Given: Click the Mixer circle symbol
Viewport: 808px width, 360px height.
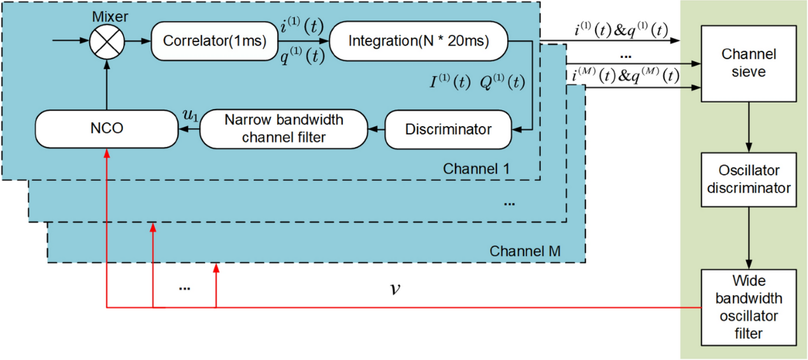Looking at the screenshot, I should click(106, 41).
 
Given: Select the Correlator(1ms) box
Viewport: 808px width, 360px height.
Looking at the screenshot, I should click(214, 41).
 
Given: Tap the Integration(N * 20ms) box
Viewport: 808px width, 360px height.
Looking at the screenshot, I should click(419, 41).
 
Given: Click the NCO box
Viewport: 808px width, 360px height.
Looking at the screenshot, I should click(106, 128).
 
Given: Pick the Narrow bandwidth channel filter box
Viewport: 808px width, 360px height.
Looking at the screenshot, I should click(284, 128).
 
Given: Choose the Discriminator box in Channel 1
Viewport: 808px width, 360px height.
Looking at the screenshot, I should click(448, 129).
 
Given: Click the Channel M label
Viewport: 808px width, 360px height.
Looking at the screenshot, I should click(524, 251).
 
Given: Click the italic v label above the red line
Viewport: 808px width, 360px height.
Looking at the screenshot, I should click(395, 289).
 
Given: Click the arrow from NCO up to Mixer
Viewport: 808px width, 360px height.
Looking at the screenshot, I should click(106, 83).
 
